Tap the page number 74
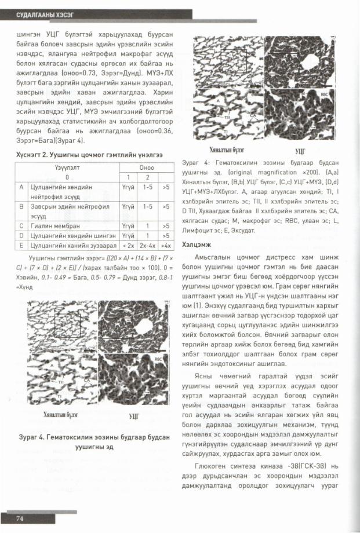click(x=19, y=517)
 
